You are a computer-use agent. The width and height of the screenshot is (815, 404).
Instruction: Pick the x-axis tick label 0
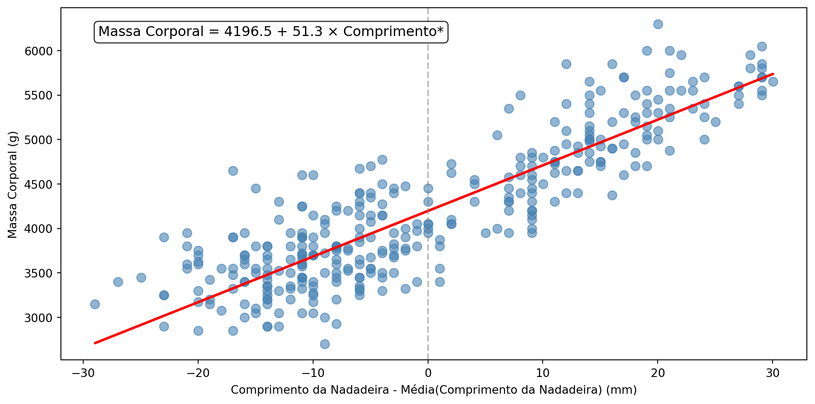click(428, 373)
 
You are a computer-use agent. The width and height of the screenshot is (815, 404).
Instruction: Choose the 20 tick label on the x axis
click(658, 373)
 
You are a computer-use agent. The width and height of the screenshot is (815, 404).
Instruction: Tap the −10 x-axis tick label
click(313, 373)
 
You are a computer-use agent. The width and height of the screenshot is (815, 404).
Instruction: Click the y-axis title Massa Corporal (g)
click(12, 184)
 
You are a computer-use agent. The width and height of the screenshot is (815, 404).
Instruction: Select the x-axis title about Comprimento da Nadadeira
click(434, 390)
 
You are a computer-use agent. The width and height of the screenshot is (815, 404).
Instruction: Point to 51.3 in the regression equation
click(307, 32)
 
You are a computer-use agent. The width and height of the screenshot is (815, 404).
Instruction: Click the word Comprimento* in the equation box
click(393, 32)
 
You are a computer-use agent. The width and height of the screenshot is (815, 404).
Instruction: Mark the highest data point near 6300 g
click(658, 24)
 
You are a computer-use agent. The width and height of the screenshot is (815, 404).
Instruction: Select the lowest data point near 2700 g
click(325, 344)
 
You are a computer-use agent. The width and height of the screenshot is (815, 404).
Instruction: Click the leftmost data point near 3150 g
click(95, 304)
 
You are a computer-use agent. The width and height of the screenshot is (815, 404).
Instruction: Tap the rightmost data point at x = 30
click(773, 81)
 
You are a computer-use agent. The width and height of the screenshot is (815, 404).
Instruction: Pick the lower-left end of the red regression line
click(95, 343)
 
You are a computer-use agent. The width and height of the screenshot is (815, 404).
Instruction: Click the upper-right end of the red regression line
click(773, 74)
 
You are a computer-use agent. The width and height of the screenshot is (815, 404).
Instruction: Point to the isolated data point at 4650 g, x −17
click(233, 171)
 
